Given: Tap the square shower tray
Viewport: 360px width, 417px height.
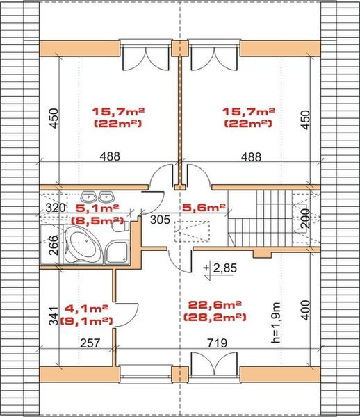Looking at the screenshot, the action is point(117,252).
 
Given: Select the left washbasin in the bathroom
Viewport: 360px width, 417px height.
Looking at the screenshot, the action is point(89,197).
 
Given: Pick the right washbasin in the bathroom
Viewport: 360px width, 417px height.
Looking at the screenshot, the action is point(106,197).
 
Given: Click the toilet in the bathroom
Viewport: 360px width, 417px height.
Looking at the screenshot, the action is point(120,227).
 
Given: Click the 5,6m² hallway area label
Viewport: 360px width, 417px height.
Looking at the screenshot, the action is point(204,207).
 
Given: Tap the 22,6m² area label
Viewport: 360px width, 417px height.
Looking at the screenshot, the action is point(215,305).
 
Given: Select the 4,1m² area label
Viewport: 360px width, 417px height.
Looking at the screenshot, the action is point(86,309).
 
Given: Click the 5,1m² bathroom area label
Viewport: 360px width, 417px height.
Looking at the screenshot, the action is point(97,208).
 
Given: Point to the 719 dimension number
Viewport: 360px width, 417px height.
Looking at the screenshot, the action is point(218,343).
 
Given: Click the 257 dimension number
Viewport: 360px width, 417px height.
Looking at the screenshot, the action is point(90,343).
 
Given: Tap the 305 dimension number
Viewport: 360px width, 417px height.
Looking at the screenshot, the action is point(160,220).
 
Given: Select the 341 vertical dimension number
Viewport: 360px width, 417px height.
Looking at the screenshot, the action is point(54,316).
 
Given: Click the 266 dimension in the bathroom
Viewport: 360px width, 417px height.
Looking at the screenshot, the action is point(54,245).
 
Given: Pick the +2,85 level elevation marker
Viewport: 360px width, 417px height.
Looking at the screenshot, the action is point(220,269).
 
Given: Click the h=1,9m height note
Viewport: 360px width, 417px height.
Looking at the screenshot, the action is point(276,322).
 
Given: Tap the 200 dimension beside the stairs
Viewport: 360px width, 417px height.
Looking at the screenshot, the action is point(306,218).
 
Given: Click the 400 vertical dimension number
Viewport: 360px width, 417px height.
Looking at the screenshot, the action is point(306,310).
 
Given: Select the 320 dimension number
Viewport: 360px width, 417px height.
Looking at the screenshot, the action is point(56,208).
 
